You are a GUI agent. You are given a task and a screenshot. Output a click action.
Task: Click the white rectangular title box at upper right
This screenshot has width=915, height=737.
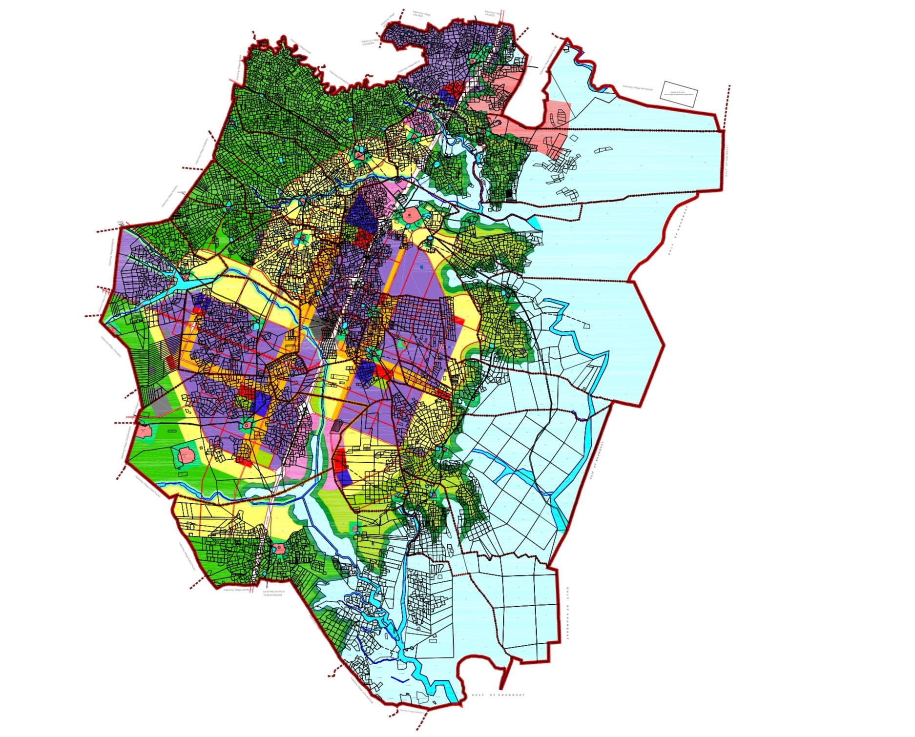pyautogui.click(x=679, y=94)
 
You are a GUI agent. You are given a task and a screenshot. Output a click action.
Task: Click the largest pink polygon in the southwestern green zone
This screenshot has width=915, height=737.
pyautogui.click(x=187, y=455)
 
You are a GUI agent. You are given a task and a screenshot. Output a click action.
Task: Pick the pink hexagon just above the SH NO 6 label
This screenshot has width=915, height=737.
pyautogui.click(x=279, y=548)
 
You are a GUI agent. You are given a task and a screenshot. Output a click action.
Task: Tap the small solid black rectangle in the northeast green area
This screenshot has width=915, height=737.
pyautogui.click(x=510, y=195)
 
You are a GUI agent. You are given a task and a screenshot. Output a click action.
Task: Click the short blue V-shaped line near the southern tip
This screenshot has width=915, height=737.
pyautogui.click(x=399, y=679)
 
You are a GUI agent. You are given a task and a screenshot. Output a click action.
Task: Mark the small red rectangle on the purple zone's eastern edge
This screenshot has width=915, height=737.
pyautogui.click(x=459, y=320)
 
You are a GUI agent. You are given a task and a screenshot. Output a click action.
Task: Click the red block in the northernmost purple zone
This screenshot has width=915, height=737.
pyautogui.click(x=454, y=89)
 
